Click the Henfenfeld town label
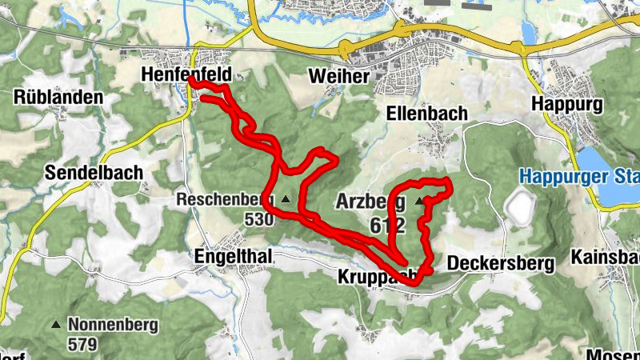tap(186, 74)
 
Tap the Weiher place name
tap(338, 77)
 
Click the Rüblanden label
tap(58, 98)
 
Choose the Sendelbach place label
tap(93, 172)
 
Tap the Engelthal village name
tap(234, 256)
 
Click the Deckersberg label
tap(501, 263)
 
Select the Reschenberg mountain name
tap(226, 198)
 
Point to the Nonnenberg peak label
tap(113, 326)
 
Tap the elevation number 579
tap(82, 345)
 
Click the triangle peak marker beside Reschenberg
tap(286, 198)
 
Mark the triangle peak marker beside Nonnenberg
tap(55, 325)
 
